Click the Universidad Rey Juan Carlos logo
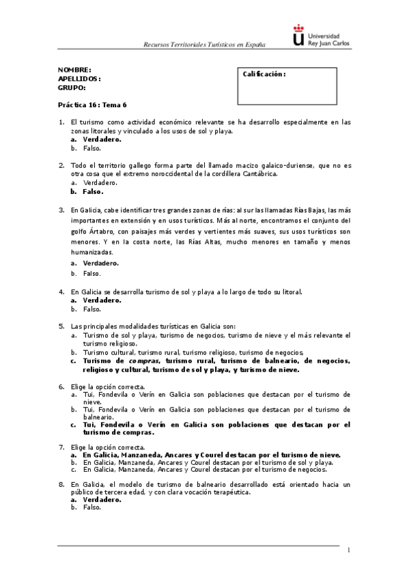coord(318,36)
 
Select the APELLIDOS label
coord(79,79)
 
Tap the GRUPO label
coord(72,87)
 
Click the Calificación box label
coord(264,74)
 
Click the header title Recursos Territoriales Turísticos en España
coord(203,44)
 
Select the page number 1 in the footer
coord(348,550)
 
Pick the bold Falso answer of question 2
coord(93,192)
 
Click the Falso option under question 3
coord(91,273)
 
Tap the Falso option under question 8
coord(91,507)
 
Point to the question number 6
coord(61,386)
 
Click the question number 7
coord(61,446)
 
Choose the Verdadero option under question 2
coord(100,183)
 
